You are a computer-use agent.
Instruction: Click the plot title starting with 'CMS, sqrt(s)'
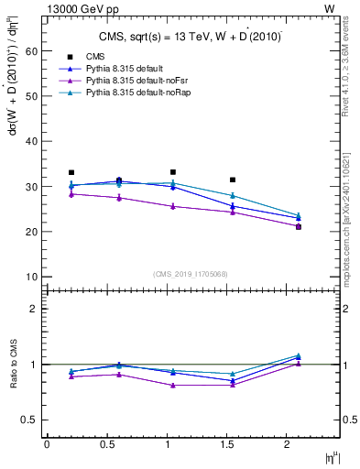(191, 37)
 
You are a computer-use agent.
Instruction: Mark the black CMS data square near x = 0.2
(71, 172)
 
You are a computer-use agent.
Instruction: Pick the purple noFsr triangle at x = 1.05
(172, 206)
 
